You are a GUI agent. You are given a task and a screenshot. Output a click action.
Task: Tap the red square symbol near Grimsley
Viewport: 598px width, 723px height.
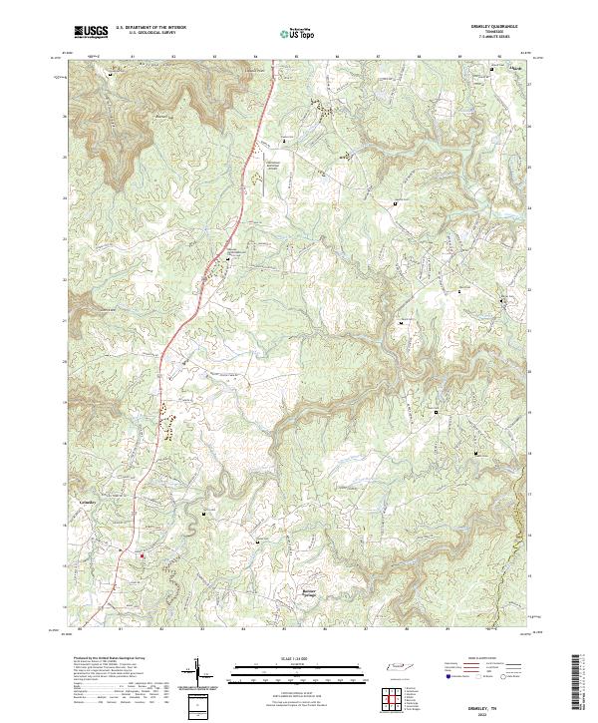pyautogui.click(x=142, y=555)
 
